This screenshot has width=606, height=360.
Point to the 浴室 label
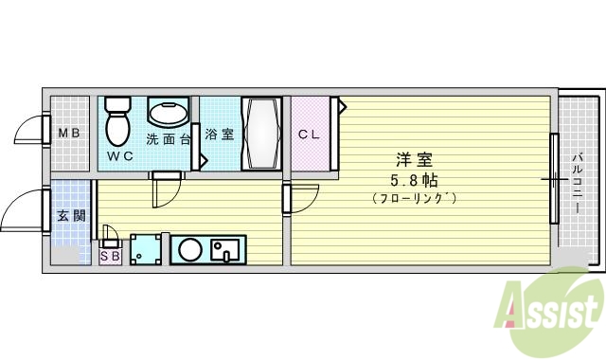tap(219, 135)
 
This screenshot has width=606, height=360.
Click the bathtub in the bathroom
tap(260, 134)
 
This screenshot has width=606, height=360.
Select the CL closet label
tap(310, 135)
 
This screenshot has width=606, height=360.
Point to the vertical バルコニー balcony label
tap(577, 179)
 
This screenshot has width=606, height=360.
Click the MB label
tap(69, 133)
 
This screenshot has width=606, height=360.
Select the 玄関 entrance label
tap(68, 215)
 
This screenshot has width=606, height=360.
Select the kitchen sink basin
tap(225, 251)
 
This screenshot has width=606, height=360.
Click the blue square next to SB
tap(145, 250)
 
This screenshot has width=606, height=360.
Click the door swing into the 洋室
tap(300, 199)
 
